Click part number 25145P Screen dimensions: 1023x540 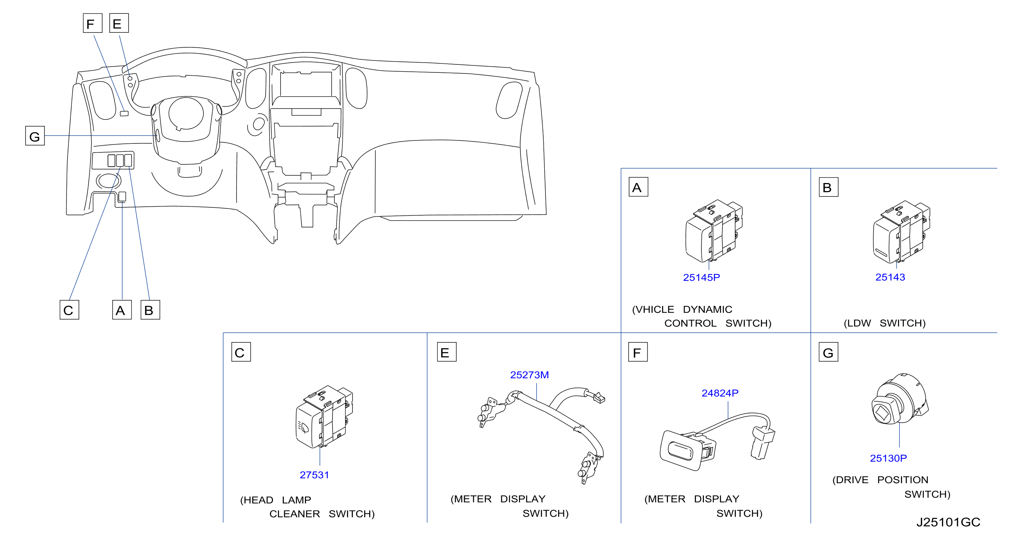click(701, 278)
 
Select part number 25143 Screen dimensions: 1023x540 click(890, 277)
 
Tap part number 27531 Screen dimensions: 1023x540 click(314, 475)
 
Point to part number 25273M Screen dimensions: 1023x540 click(529, 375)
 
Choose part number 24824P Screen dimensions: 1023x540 click(720, 393)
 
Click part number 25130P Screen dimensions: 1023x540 click(889, 458)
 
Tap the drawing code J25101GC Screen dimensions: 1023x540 click(949, 522)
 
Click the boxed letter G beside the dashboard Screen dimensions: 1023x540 click(35, 136)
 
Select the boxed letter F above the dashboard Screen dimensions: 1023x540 click(93, 23)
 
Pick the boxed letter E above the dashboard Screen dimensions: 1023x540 click(119, 23)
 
